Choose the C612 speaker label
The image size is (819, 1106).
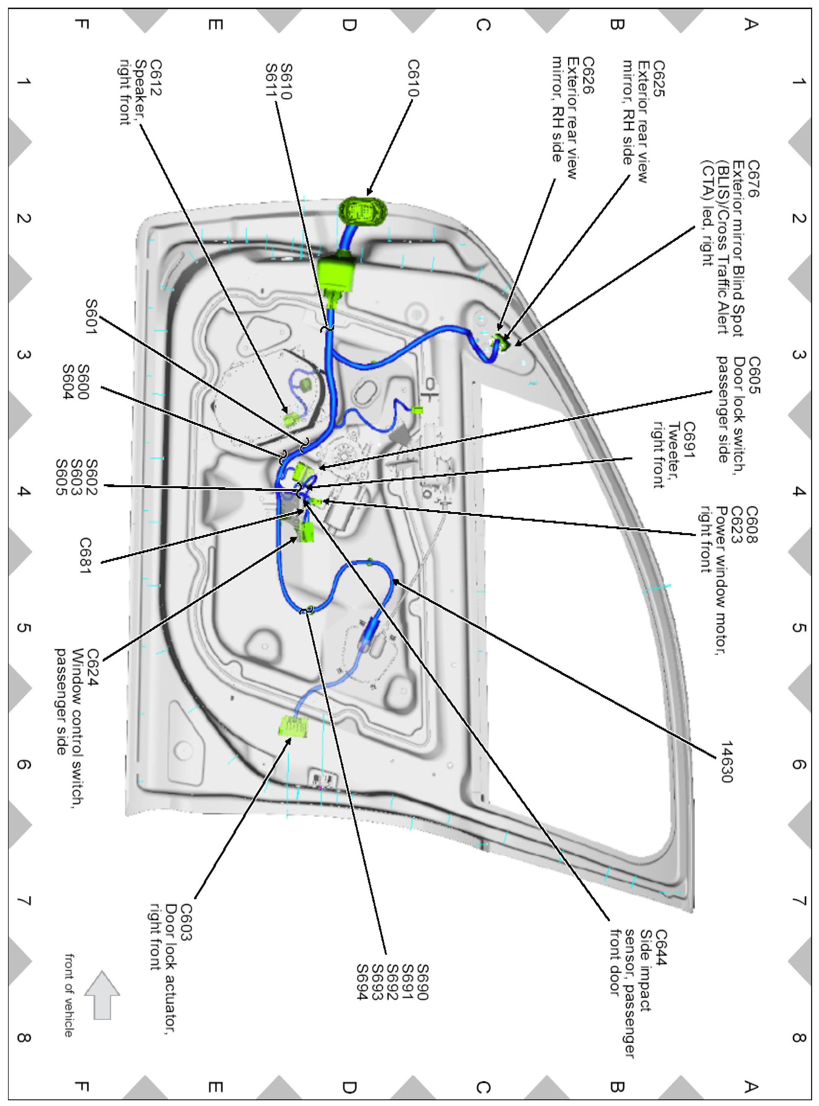click(156, 78)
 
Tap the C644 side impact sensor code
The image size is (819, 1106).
click(661, 947)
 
